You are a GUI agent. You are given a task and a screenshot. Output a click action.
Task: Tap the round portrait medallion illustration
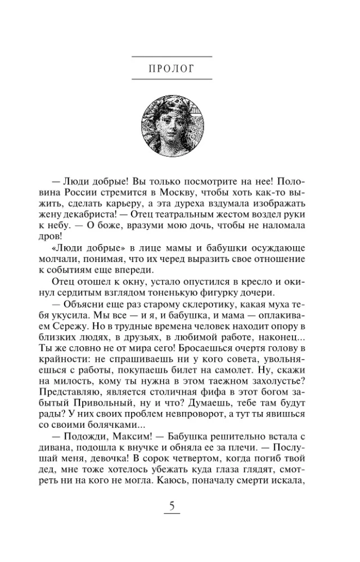click(x=172, y=123)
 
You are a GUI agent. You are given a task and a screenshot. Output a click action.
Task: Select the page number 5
click(x=172, y=507)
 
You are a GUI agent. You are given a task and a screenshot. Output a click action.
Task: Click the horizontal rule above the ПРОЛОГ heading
click(x=172, y=57)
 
